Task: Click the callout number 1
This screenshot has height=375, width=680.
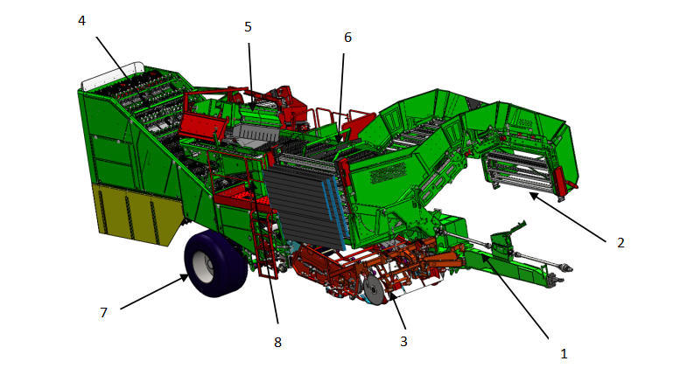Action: click(x=564, y=354)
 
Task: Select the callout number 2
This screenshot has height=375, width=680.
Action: click(x=620, y=243)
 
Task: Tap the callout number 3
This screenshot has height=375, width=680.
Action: click(x=403, y=342)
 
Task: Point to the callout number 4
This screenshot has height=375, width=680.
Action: click(x=82, y=20)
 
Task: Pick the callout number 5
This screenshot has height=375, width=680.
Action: click(x=248, y=27)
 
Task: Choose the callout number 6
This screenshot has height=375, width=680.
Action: click(x=347, y=38)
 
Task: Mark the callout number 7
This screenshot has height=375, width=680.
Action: click(x=103, y=313)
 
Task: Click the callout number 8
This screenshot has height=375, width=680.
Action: click(x=277, y=342)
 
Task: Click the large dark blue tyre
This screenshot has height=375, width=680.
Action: click(x=215, y=264)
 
